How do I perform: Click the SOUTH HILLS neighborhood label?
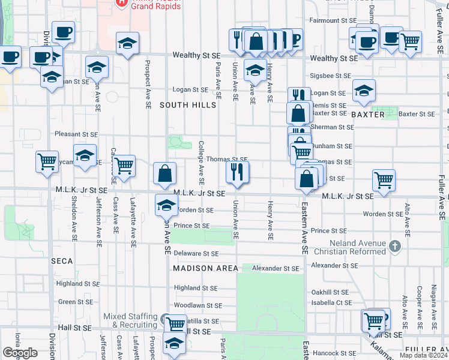click(188, 105)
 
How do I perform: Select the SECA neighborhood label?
click(62, 261)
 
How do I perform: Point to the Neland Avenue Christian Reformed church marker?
click(394, 245)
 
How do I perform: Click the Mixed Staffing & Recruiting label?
click(131, 320)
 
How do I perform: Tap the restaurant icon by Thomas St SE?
click(237, 172)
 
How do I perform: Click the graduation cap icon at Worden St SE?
click(166, 205)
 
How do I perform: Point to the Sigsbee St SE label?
click(330, 76)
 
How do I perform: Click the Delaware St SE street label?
click(196, 254)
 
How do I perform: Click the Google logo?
click(20, 353)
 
